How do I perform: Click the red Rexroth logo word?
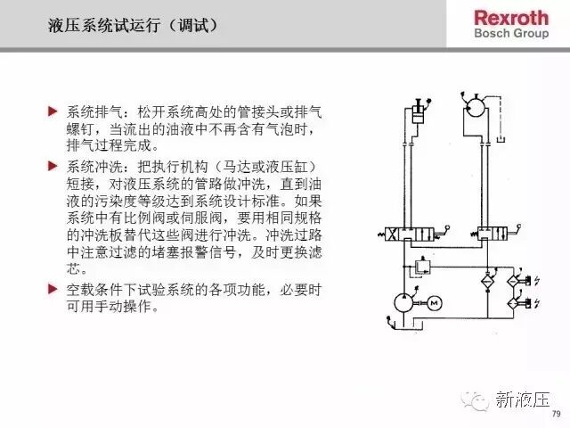511,18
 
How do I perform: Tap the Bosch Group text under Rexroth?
511,33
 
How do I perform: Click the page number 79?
556,414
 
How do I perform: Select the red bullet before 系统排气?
53,111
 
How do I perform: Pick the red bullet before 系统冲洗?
53,166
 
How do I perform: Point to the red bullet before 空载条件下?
53,289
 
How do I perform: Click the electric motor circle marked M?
435,303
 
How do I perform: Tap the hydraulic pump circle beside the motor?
403,303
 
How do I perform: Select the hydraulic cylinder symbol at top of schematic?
418,114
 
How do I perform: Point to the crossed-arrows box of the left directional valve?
392,234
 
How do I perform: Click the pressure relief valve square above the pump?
422,267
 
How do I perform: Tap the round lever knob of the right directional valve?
518,226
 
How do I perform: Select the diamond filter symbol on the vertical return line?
487,282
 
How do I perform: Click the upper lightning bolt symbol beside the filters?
536,281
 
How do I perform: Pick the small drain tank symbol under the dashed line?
501,139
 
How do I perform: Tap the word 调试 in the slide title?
194,25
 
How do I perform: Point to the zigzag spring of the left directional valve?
381,235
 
